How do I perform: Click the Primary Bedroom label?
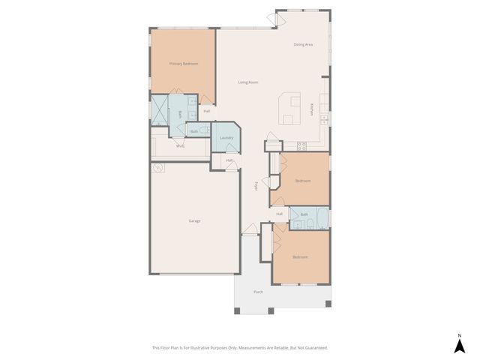click(x=183, y=64)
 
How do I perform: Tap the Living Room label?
click(x=248, y=82)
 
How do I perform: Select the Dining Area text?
click(x=303, y=44)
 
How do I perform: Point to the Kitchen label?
click(x=312, y=109)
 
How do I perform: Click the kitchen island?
click(x=289, y=109)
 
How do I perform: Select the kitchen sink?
click(x=323, y=118)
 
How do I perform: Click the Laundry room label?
click(x=226, y=137)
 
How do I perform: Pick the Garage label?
click(x=194, y=220)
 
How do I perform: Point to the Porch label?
click(x=258, y=291)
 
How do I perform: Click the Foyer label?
click(x=256, y=185)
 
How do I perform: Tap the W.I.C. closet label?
click(x=180, y=145)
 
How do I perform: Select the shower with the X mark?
click(x=160, y=109)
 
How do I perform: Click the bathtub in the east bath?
click(x=320, y=218)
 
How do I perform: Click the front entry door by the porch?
click(x=250, y=234)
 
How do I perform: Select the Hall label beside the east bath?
click(x=279, y=214)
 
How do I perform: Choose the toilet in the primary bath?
click(x=205, y=130)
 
